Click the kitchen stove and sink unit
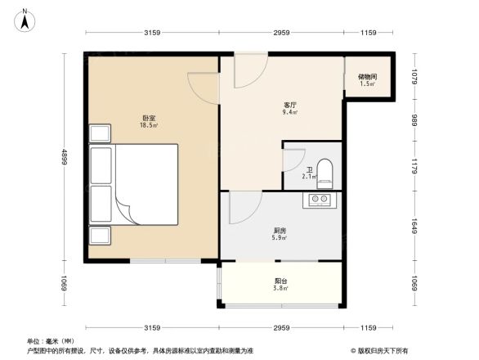click(320, 199)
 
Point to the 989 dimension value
click(414, 120)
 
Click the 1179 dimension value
click(414, 166)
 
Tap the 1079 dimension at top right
click(414, 78)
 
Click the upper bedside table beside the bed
click(101, 133)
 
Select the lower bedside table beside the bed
click(101, 235)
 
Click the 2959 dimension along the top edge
click(281, 33)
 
